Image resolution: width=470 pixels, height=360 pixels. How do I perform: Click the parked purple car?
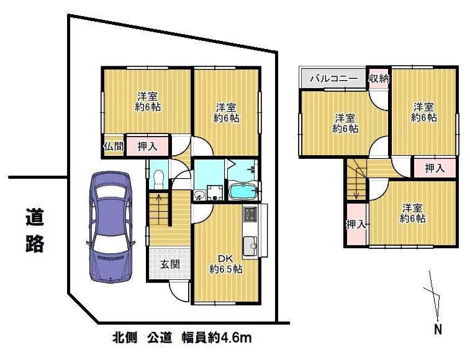click(x=111, y=227)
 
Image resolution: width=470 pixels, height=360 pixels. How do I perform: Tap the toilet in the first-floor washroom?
click(x=158, y=179)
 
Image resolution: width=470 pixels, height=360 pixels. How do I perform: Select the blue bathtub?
click(x=243, y=191)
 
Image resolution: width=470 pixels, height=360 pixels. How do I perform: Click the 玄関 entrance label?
click(x=170, y=264)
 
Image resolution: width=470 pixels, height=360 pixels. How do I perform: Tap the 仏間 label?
click(x=114, y=146)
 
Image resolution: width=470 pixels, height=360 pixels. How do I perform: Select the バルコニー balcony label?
click(x=334, y=79)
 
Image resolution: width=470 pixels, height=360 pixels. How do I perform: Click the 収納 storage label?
click(x=379, y=79)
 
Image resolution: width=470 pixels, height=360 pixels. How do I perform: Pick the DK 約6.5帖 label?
click(x=226, y=264)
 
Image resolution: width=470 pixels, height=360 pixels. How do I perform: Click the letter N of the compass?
click(x=438, y=330)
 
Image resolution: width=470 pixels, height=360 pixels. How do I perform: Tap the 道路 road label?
click(x=35, y=230)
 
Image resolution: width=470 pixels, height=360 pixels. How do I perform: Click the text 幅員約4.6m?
click(x=217, y=338)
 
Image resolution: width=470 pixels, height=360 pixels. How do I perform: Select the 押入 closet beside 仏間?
click(x=147, y=146)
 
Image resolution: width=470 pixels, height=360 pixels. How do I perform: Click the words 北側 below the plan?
click(x=125, y=338)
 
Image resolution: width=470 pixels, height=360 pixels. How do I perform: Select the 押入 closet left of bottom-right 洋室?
click(x=356, y=224)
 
